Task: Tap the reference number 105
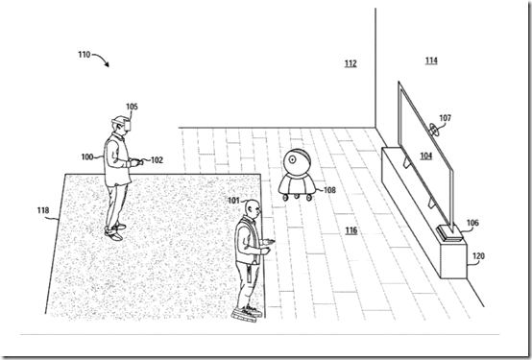point(132,107)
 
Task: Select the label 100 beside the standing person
point(86,155)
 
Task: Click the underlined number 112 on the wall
point(350,64)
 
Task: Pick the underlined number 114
point(431,60)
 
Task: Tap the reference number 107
point(445,120)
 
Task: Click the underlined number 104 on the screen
point(424,155)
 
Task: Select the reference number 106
point(471,222)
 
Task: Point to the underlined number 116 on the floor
point(351,230)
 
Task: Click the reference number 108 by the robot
point(329,190)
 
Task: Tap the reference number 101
point(232,201)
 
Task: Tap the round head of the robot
point(297,161)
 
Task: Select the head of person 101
point(251,207)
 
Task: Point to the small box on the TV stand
point(443,230)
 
